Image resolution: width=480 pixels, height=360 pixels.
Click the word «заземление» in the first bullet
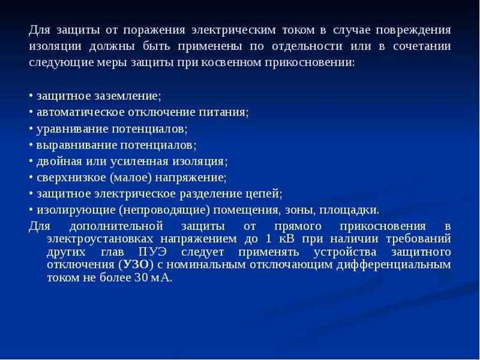point(128,95)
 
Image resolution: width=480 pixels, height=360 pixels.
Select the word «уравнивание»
point(70,128)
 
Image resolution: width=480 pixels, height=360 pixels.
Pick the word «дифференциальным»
point(395,264)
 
